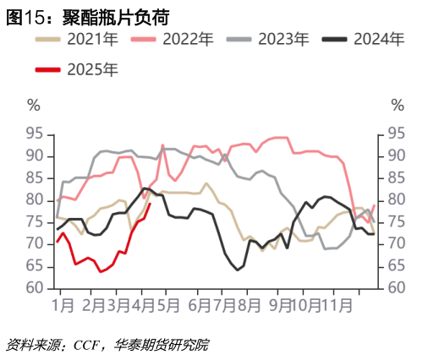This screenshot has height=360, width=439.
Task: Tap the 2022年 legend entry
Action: pyautogui.click(x=187, y=40)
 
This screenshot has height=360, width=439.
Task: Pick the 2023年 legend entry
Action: pyautogui.click(x=283, y=40)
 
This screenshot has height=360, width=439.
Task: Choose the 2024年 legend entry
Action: pyautogui.click(x=378, y=40)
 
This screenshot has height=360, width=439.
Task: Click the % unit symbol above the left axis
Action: pyautogui.click(x=34, y=105)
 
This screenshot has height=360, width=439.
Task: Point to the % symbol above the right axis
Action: pyautogui.click(x=398, y=105)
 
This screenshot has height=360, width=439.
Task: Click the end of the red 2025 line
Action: pyautogui.click(x=150, y=203)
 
